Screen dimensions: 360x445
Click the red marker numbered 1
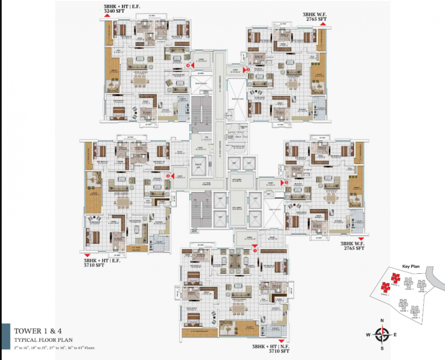tap(255, 251)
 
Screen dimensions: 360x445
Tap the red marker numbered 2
tap(167, 176)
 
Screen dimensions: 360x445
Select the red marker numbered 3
tap(287, 183)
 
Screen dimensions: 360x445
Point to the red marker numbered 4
tap(188, 66)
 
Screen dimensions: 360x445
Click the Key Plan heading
tap(410, 266)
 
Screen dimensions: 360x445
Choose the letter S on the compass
tap(382, 348)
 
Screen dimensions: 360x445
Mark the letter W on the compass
tap(368, 334)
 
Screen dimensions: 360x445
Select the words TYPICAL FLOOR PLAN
tap(43, 339)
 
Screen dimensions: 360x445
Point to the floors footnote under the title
tap(54, 348)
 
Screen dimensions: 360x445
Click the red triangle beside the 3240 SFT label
tap(107, 16)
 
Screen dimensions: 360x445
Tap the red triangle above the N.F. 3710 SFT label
tap(281, 341)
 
